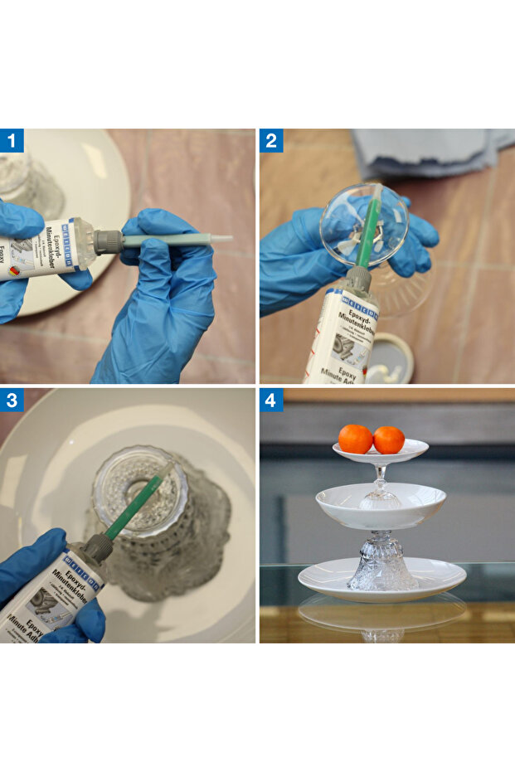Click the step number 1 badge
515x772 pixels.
[12, 141]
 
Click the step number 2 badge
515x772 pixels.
[271, 141]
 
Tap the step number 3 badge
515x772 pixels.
[12, 401]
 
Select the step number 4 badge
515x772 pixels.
[271, 401]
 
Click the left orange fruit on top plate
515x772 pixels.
[355, 439]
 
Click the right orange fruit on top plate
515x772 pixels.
[388, 439]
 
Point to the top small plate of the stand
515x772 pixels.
[381, 454]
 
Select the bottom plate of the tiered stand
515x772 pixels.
[381, 578]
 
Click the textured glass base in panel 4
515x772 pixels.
[381, 564]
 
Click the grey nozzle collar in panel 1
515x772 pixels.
[108, 241]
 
